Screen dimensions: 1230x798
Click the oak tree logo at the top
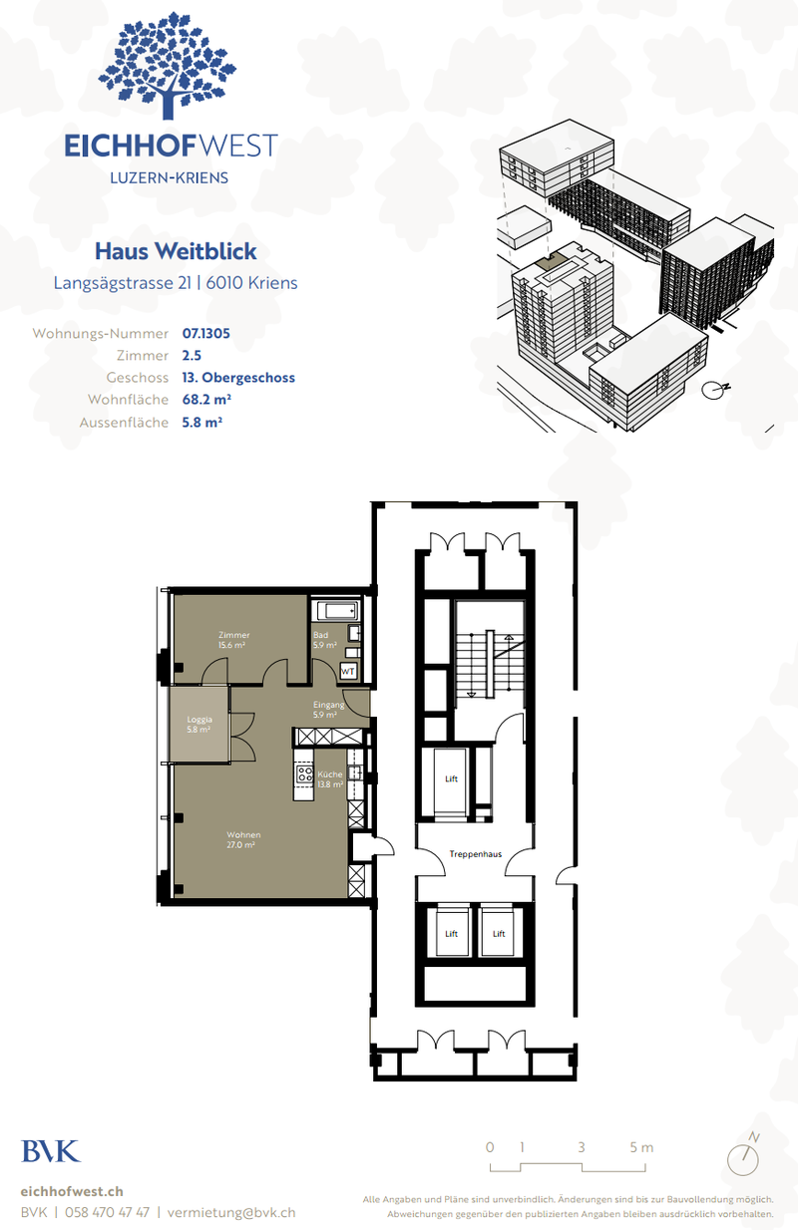(171, 66)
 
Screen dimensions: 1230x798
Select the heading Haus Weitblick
(176, 251)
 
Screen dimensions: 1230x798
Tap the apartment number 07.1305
(206, 333)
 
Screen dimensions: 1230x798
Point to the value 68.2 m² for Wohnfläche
(206, 400)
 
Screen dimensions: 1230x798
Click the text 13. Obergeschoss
(238, 378)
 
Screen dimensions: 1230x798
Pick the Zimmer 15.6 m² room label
(234, 640)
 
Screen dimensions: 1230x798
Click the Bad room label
(320, 640)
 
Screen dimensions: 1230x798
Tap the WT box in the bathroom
(348, 672)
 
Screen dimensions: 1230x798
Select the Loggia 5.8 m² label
(199, 724)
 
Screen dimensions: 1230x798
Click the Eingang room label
(328, 710)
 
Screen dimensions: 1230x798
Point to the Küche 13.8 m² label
(330, 779)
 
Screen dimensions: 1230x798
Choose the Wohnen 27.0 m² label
(242, 839)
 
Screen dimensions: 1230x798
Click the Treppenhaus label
(475, 854)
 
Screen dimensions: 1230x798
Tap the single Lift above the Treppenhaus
(451, 779)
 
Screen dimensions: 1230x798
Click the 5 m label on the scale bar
(641, 1147)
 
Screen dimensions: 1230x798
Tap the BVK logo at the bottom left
(50, 1150)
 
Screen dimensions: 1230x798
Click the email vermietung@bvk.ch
(231, 1212)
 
